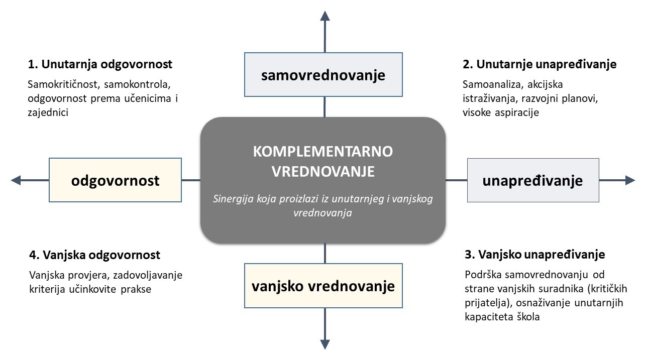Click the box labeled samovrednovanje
pos(324,74)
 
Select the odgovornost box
pos(116,180)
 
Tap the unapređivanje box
pos(533,180)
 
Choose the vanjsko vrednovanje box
pos(324,286)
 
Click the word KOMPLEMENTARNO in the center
pos(323,151)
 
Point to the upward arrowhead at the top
pos(325,16)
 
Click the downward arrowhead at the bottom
pos(325,344)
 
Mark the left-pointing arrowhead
pos(16,180)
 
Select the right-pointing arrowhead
pos(630,180)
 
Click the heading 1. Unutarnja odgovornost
pos(100,64)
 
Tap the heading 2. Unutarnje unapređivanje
pos(540,64)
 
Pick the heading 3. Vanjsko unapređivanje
pos(535,255)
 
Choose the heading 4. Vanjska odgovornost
pos(94,255)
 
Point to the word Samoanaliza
pos(493,84)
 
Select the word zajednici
pos(48,112)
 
